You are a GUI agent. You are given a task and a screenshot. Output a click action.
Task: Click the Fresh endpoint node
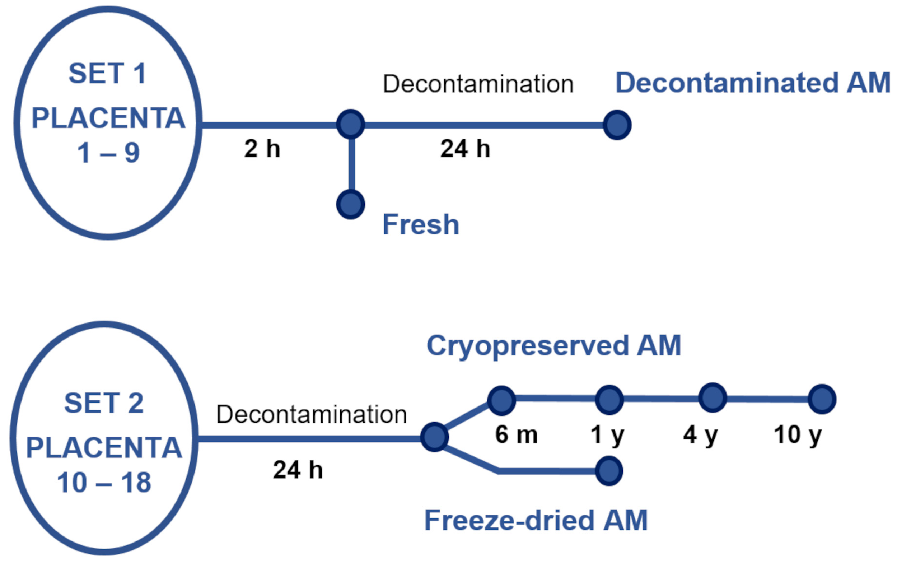click(350, 204)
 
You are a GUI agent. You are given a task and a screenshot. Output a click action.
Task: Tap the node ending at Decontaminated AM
click(617, 125)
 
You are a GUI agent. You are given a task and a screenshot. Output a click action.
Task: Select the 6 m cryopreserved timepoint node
click(501, 401)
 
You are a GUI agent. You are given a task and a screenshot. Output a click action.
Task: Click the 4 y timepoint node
click(713, 398)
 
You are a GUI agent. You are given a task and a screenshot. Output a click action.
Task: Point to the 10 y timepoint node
click(822, 399)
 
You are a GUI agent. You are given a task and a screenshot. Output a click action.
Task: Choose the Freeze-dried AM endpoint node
click(608, 471)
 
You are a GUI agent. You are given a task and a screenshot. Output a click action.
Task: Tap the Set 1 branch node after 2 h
click(350, 124)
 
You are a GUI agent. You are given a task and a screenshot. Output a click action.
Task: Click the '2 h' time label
click(262, 149)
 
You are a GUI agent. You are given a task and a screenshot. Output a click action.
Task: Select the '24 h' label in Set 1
click(465, 149)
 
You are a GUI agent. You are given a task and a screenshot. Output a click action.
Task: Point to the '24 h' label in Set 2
click(298, 470)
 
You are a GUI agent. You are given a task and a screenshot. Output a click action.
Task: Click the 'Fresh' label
click(421, 224)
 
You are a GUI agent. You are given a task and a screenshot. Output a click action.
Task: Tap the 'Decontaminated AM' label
click(753, 83)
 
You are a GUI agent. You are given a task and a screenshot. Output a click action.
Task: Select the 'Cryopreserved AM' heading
click(553, 345)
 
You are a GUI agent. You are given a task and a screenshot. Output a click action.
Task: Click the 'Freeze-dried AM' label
click(536, 520)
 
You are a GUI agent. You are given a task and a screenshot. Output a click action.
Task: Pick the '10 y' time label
click(798, 434)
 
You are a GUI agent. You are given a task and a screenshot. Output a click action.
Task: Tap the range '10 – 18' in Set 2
click(104, 483)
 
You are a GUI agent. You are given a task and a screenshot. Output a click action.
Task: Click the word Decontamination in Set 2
click(312, 414)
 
